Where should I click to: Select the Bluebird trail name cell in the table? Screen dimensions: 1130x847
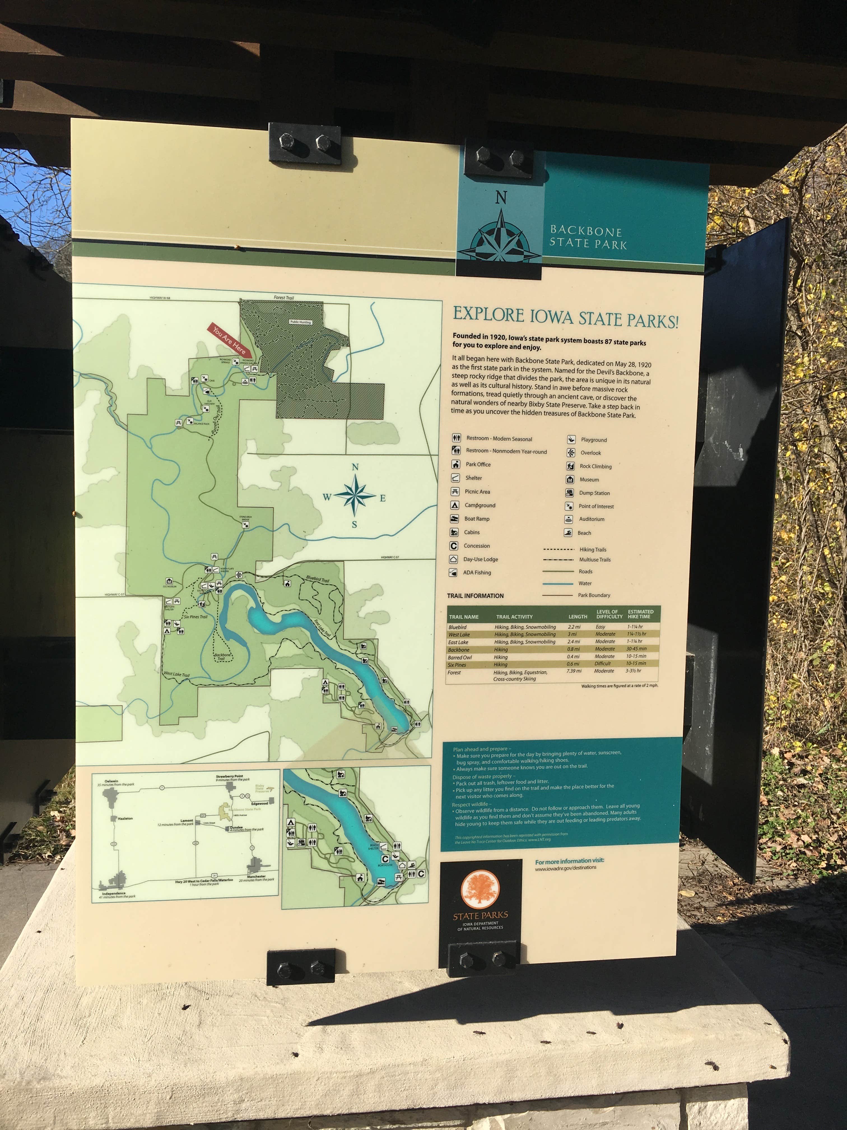457,627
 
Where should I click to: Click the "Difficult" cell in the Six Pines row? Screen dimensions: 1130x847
602,664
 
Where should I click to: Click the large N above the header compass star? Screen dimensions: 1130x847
501,198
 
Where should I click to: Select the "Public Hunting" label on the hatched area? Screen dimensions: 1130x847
300,322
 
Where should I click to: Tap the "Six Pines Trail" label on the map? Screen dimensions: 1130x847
196,617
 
